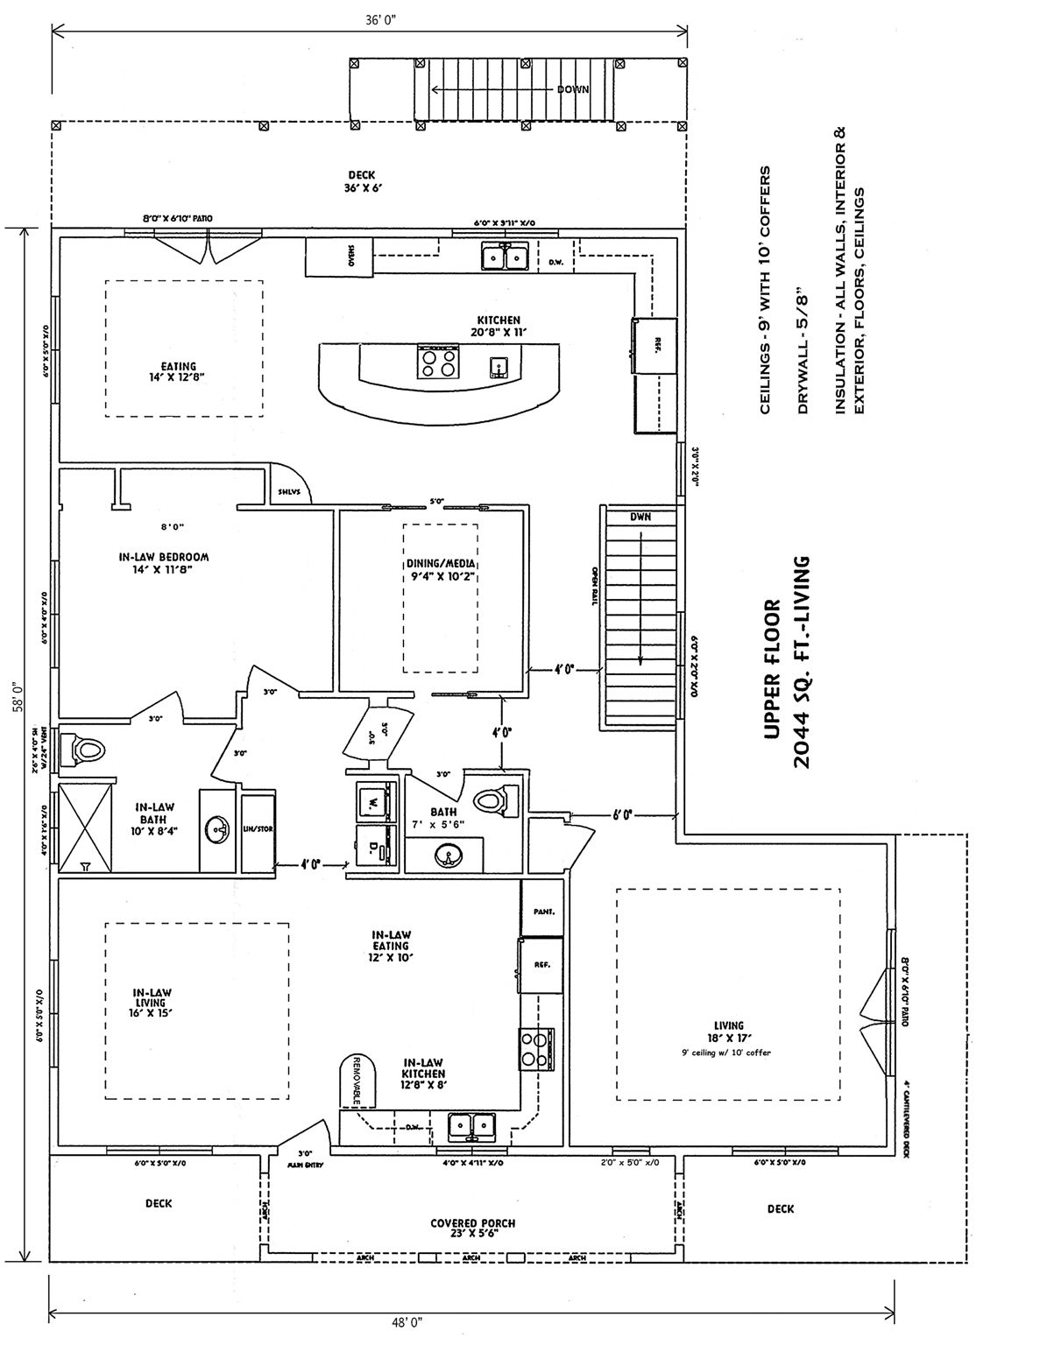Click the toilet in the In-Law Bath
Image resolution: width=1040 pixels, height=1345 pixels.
[85, 750]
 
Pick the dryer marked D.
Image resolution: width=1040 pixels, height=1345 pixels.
[374, 848]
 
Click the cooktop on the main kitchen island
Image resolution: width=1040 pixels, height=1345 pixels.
[437, 362]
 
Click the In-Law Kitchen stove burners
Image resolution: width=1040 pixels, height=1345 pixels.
[536, 1047]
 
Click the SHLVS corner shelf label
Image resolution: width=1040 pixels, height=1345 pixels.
[290, 491]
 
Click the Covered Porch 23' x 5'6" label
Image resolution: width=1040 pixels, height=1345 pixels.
[472, 1228]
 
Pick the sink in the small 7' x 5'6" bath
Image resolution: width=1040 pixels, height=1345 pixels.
[448, 856]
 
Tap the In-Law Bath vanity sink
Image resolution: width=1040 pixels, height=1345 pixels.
[216, 828]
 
